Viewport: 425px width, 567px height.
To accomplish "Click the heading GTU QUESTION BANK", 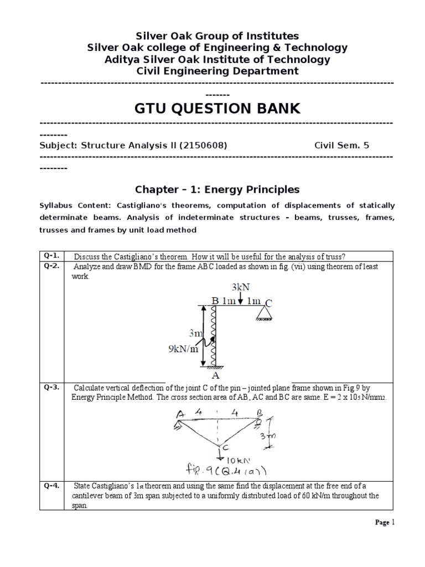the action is tap(217, 109).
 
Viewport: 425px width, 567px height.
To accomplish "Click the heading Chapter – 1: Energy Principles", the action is tap(217, 189).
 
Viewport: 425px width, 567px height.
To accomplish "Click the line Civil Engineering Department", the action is tap(217, 71).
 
